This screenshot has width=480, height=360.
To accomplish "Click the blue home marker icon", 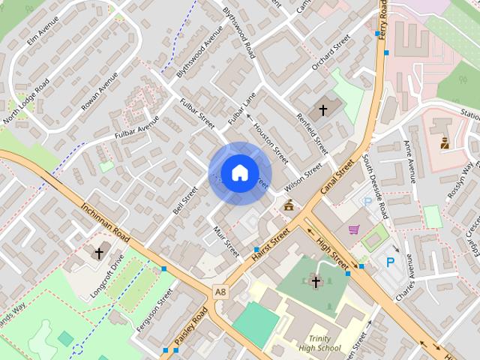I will click(239, 172).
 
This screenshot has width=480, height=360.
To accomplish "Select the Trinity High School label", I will click(319, 343).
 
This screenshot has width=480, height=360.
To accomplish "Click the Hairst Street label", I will click(271, 246).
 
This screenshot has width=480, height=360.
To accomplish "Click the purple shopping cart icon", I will click(353, 229).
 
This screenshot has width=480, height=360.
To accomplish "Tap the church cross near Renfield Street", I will click(323, 110).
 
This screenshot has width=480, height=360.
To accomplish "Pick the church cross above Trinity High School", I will click(316, 282).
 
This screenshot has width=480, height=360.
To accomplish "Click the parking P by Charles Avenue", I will click(390, 262).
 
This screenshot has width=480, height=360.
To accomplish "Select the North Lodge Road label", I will click(26, 100).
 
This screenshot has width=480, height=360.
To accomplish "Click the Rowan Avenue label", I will click(99, 91).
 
